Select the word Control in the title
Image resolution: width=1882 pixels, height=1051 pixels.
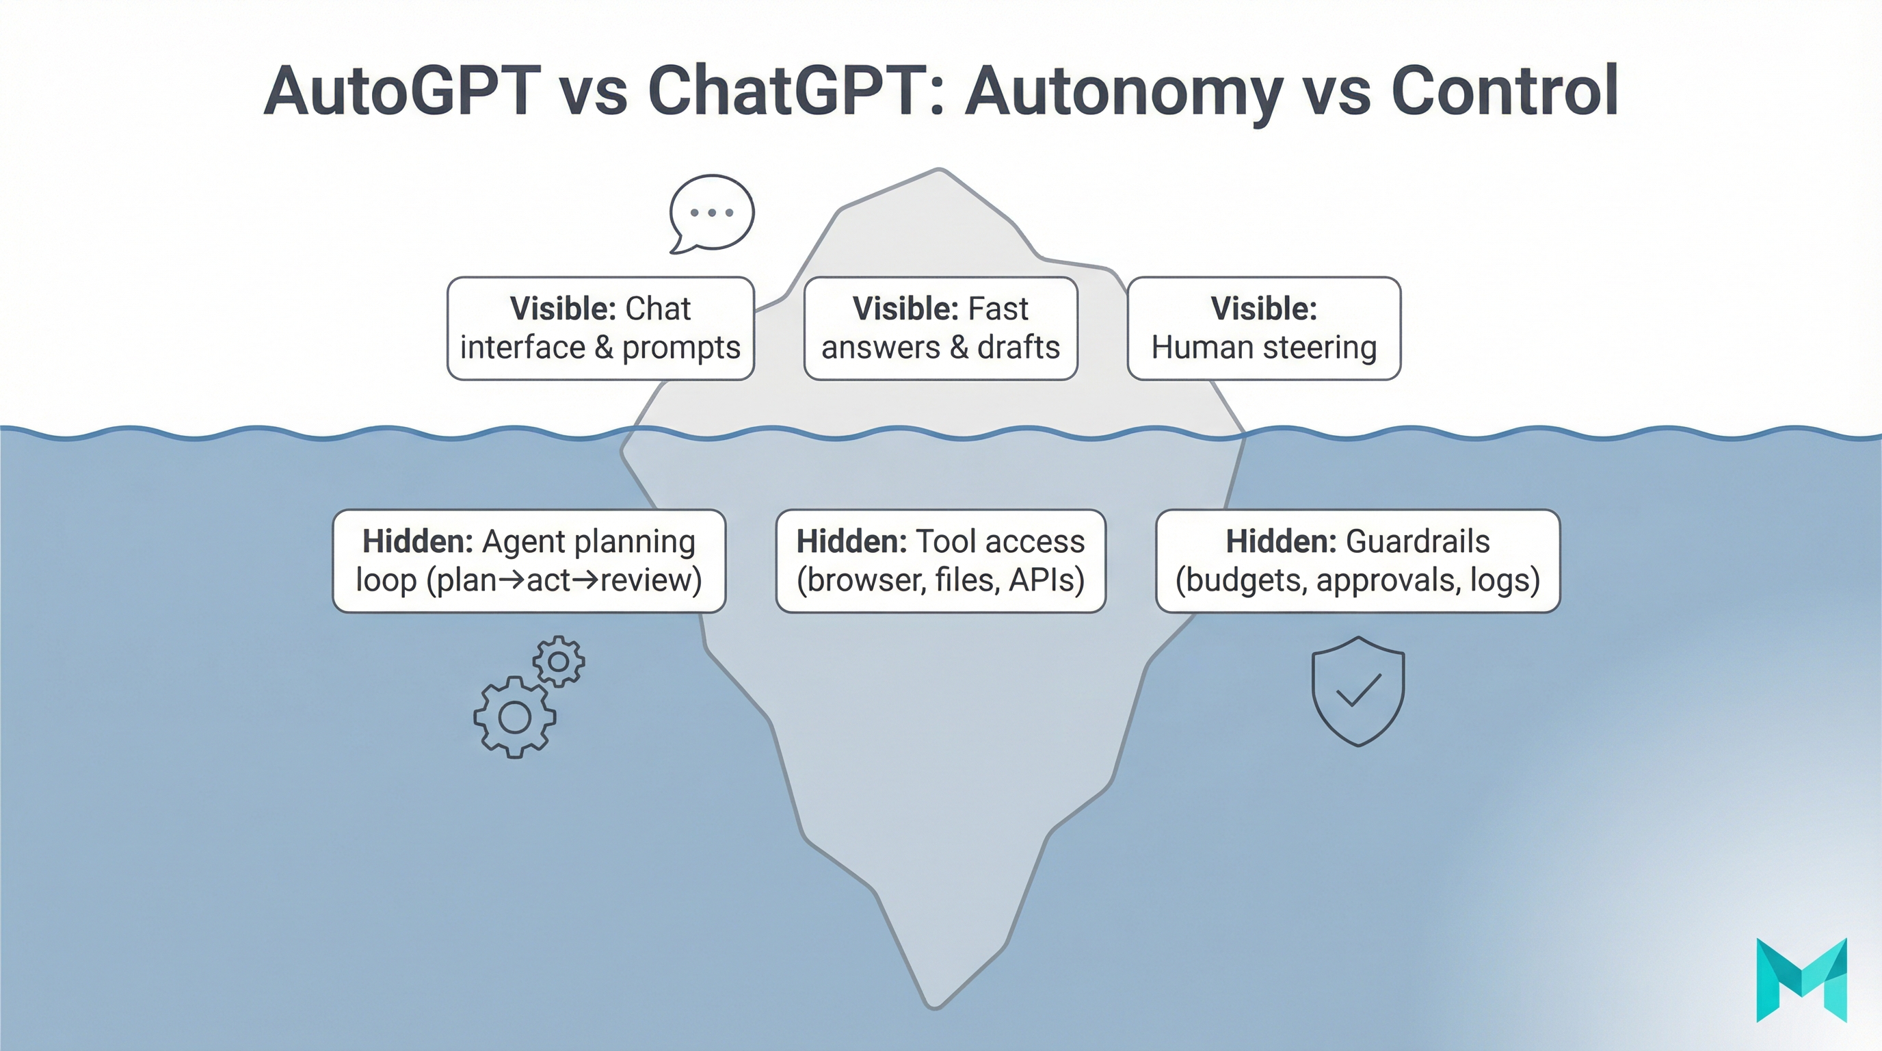pyautogui.click(x=1505, y=92)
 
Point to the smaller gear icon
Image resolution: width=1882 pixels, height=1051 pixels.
pyautogui.click(x=558, y=662)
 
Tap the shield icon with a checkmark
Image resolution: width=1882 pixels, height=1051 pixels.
pyautogui.click(x=1357, y=690)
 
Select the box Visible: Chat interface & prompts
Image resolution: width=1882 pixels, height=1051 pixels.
pyautogui.click(x=600, y=328)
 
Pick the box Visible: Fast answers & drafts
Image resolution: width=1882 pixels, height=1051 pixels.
pyautogui.click(x=940, y=328)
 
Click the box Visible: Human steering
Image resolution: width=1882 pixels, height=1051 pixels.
pyautogui.click(x=1263, y=328)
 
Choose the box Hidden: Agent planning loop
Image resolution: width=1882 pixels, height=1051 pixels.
pyautogui.click(x=528, y=560)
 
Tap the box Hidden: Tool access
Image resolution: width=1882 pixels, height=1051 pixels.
pyautogui.click(x=940, y=560)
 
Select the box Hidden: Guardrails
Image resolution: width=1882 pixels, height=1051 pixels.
pyautogui.click(x=1357, y=560)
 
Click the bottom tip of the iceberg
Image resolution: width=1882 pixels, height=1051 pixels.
pyautogui.click(x=934, y=1006)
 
